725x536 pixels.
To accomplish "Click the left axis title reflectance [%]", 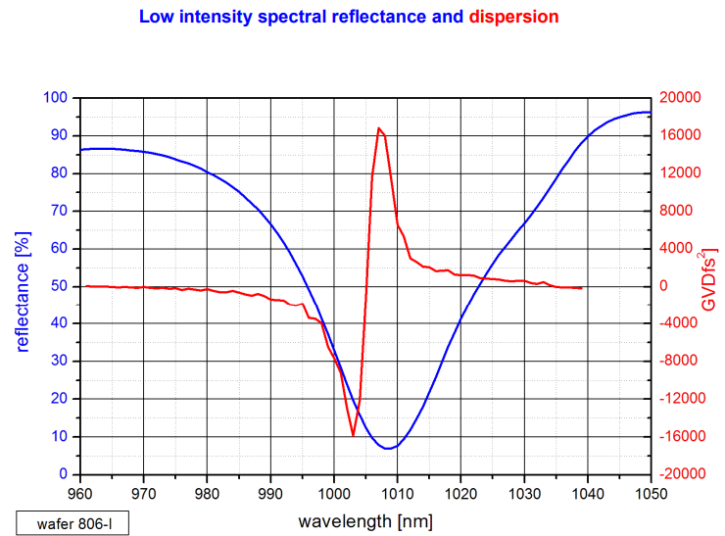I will pos(24,286).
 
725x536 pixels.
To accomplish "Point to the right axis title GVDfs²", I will pos(708,281).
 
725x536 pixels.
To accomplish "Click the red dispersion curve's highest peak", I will pos(378,127).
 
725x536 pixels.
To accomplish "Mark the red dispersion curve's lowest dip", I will pos(353,435).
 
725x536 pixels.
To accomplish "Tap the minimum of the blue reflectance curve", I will pos(389,449).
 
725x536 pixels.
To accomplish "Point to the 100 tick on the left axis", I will pos(55,98).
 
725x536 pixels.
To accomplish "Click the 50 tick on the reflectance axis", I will pos(59,286).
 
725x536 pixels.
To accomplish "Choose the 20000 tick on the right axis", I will pos(674,98).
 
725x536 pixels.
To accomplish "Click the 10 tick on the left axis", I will pos(59,437).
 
